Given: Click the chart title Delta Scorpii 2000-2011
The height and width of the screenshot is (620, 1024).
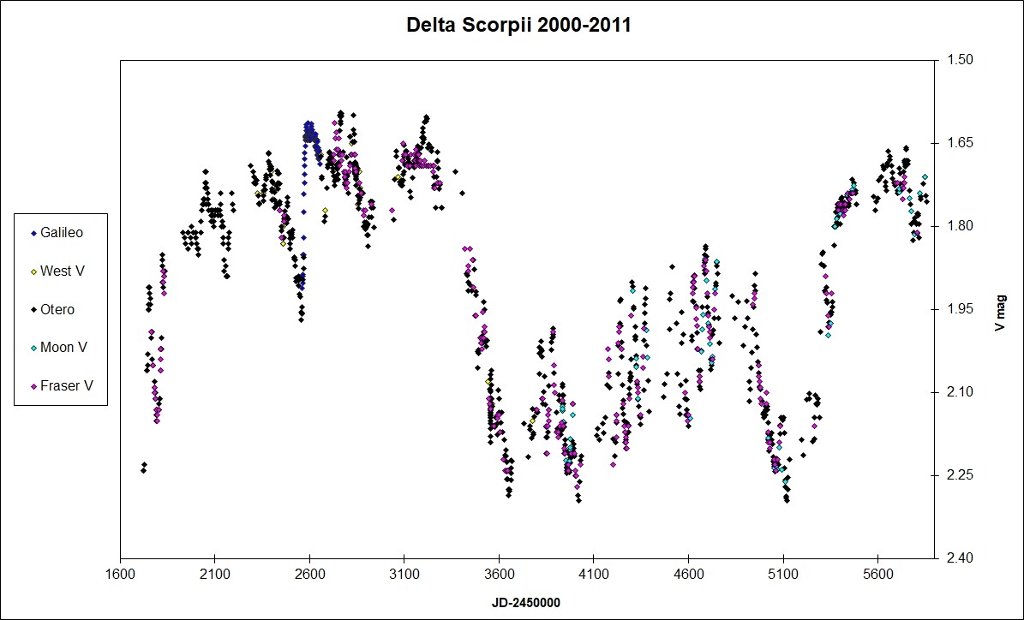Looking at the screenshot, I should tap(518, 26).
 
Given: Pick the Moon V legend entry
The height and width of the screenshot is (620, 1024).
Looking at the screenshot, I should tap(63, 348).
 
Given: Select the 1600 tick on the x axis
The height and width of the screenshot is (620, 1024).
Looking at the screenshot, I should tap(120, 575).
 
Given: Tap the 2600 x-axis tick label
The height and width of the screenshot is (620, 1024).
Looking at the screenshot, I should tap(309, 575).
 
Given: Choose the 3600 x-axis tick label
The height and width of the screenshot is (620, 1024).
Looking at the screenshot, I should tap(499, 575).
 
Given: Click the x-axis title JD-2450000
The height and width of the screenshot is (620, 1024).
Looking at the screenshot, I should tap(526, 602).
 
